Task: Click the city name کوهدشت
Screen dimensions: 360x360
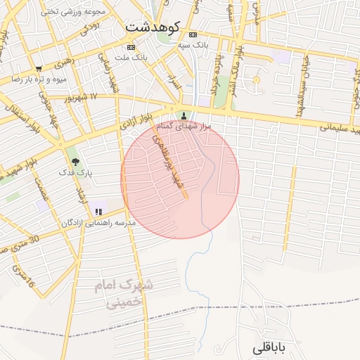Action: [153, 26]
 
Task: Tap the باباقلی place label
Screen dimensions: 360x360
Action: [269, 347]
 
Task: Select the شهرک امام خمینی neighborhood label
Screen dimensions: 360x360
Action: [124, 295]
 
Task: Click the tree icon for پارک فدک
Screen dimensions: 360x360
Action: [75, 161]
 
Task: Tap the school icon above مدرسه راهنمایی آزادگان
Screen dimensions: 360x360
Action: [98, 211]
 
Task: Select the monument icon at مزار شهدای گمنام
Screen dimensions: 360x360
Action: [184, 116]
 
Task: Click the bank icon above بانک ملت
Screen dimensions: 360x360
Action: [139, 47]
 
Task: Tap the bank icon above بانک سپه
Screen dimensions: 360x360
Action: [193, 34]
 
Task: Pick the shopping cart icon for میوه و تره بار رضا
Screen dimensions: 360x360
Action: [38, 69]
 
